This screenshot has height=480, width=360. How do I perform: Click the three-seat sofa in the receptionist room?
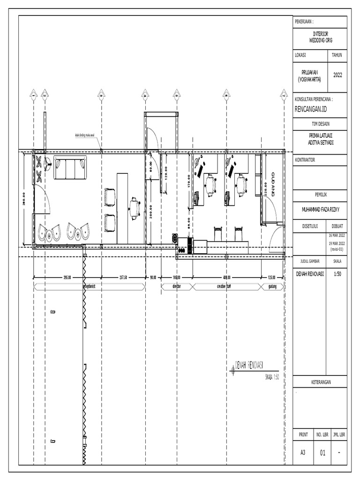(70, 168)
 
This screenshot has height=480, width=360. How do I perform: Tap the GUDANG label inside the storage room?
(274, 183)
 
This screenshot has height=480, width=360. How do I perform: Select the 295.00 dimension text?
(67, 277)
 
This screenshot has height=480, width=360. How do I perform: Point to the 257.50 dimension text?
(124, 277)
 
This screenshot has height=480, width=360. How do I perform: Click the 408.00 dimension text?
(227, 277)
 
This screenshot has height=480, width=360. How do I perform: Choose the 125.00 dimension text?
(272, 277)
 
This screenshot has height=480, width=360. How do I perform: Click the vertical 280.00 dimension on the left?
(23, 198)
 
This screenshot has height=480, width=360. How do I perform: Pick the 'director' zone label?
(177, 285)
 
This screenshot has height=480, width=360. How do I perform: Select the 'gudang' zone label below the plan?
(272, 285)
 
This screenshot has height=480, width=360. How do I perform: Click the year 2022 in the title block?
(337, 75)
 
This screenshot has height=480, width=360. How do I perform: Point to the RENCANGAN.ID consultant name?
(310, 109)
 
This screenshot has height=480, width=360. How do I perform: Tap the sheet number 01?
(322, 453)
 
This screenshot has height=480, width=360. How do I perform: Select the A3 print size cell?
(303, 453)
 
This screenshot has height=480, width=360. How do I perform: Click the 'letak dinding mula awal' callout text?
(85, 136)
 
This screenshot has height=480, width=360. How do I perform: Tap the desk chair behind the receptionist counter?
(135, 208)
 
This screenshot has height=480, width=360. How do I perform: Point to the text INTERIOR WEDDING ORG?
(320, 37)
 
